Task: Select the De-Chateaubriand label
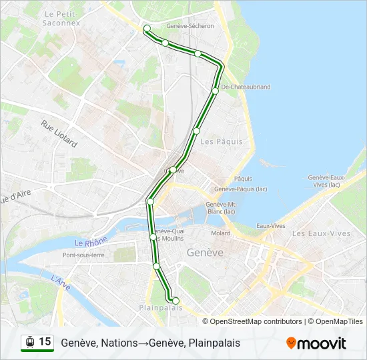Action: [245, 87]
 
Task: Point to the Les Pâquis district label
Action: [222, 141]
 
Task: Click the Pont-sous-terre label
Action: [83, 255]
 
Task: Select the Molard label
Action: [221, 233]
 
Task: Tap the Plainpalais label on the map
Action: [160, 307]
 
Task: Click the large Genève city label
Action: [205, 253]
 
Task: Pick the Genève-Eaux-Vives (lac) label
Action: [326, 181]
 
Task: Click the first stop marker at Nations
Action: [147, 28]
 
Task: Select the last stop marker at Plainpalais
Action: [175, 301]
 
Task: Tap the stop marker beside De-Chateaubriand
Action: [215, 91]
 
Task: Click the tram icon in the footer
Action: [30, 342]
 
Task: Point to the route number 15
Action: [45, 342]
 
